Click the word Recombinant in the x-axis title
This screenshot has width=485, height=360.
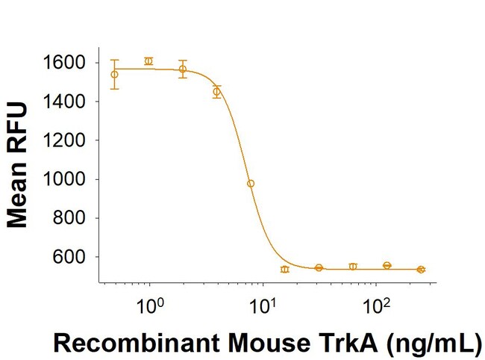(x=132, y=343)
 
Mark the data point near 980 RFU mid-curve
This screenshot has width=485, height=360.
(x=251, y=183)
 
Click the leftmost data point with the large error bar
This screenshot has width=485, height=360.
(x=114, y=74)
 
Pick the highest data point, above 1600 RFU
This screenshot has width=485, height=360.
(x=148, y=61)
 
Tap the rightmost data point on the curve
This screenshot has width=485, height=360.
(x=421, y=269)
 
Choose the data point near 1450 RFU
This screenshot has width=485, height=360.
(x=216, y=92)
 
